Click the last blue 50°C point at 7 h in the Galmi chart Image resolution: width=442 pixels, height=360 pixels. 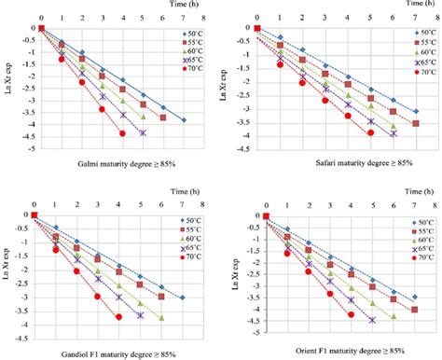coord(184,120)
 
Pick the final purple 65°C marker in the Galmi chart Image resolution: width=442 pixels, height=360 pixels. coord(143,133)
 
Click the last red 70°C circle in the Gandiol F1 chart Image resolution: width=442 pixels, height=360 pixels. coord(118,317)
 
